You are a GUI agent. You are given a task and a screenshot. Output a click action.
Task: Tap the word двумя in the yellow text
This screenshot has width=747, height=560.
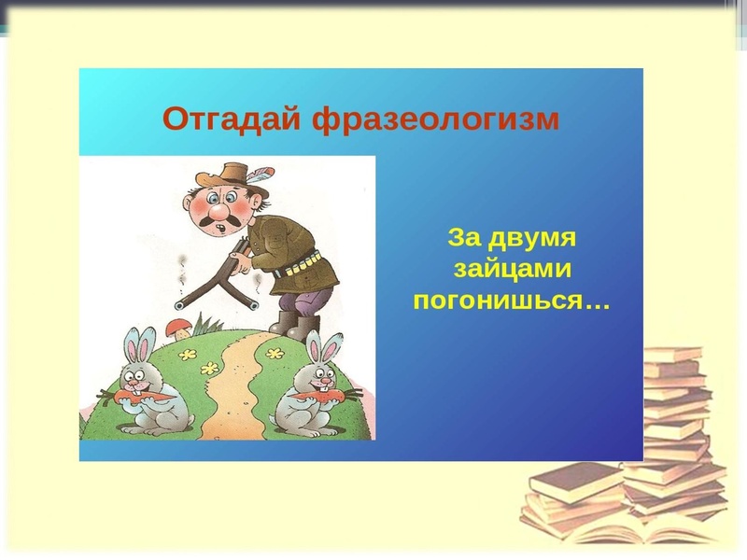pos(541,237)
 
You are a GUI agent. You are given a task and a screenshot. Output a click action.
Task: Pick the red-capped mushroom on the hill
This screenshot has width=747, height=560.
pos(177,326)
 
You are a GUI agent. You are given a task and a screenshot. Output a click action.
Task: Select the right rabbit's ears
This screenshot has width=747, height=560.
pos(323,348)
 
